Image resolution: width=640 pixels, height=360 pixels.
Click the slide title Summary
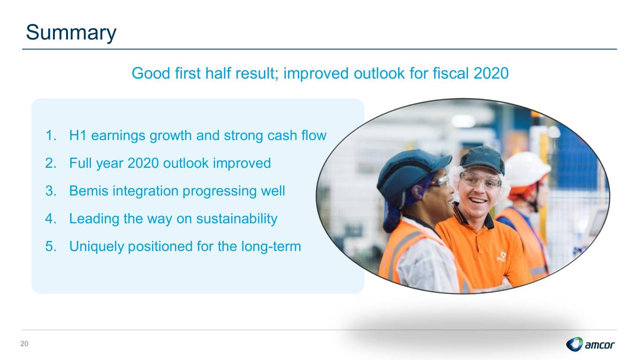click(x=71, y=32)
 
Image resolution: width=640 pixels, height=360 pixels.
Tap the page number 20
click(x=24, y=344)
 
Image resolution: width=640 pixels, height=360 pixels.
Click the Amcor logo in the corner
click(x=590, y=344)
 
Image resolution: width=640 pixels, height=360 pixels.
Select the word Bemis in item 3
click(x=89, y=191)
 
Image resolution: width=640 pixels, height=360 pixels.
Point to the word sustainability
click(x=237, y=219)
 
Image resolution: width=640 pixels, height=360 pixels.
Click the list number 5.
click(x=51, y=246)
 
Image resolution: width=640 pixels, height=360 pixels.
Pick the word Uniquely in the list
click(x=97, y=247)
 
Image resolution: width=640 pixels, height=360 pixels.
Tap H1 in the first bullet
click(x=78, y=135)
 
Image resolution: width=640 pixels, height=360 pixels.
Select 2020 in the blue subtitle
click(x=491, y=73)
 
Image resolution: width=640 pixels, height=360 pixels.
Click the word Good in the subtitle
click(x=151, y=73)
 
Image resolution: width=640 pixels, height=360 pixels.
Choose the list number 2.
click(x=51, y=163)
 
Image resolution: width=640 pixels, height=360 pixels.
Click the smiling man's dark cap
click(x=482, y=159)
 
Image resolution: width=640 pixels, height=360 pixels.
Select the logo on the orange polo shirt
click(x=501, y=256)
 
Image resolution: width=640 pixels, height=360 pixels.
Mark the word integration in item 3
click(x=145, y=191)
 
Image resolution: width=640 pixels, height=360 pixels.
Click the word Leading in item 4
click(x=94, y=219)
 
